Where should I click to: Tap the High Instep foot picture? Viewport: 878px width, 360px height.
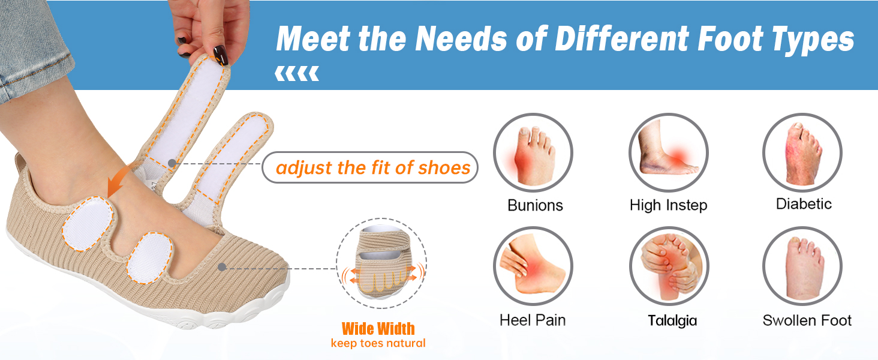pyautogui.click(x=669, y=152)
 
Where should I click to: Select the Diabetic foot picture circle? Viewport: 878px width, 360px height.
pyautogui.click(x=802, y=152)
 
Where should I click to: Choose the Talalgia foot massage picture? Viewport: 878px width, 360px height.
pyautogui.click(x=669, y=266)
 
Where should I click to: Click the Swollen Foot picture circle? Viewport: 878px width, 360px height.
pyautogui.click(x=802, y=266)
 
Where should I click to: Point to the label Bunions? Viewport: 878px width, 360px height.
pyautogui.click(x=535, y=205)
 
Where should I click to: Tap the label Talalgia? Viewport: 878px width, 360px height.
pyautogui.click(x=672, y=320)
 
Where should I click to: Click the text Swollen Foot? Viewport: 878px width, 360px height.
pyautogui.click(x=807, y=320)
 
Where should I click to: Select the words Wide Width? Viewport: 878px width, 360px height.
pyautogui.click(x=378, y=329)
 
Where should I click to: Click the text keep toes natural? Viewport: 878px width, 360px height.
pyautogui.click(x=378, y=343)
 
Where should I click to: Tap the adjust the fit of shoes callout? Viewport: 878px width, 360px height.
pyautogui.click(x=370, y=167)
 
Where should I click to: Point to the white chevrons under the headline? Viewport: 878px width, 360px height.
pyautogui.click(x=297, y=74)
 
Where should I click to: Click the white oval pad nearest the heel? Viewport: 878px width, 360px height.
pyautogui.click(x=87, y=224)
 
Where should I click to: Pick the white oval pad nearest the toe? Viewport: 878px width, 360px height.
pyautogui.click(x=150, y=257)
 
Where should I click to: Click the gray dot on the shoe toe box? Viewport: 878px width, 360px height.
pyautogui.click(x=222, y=267)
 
